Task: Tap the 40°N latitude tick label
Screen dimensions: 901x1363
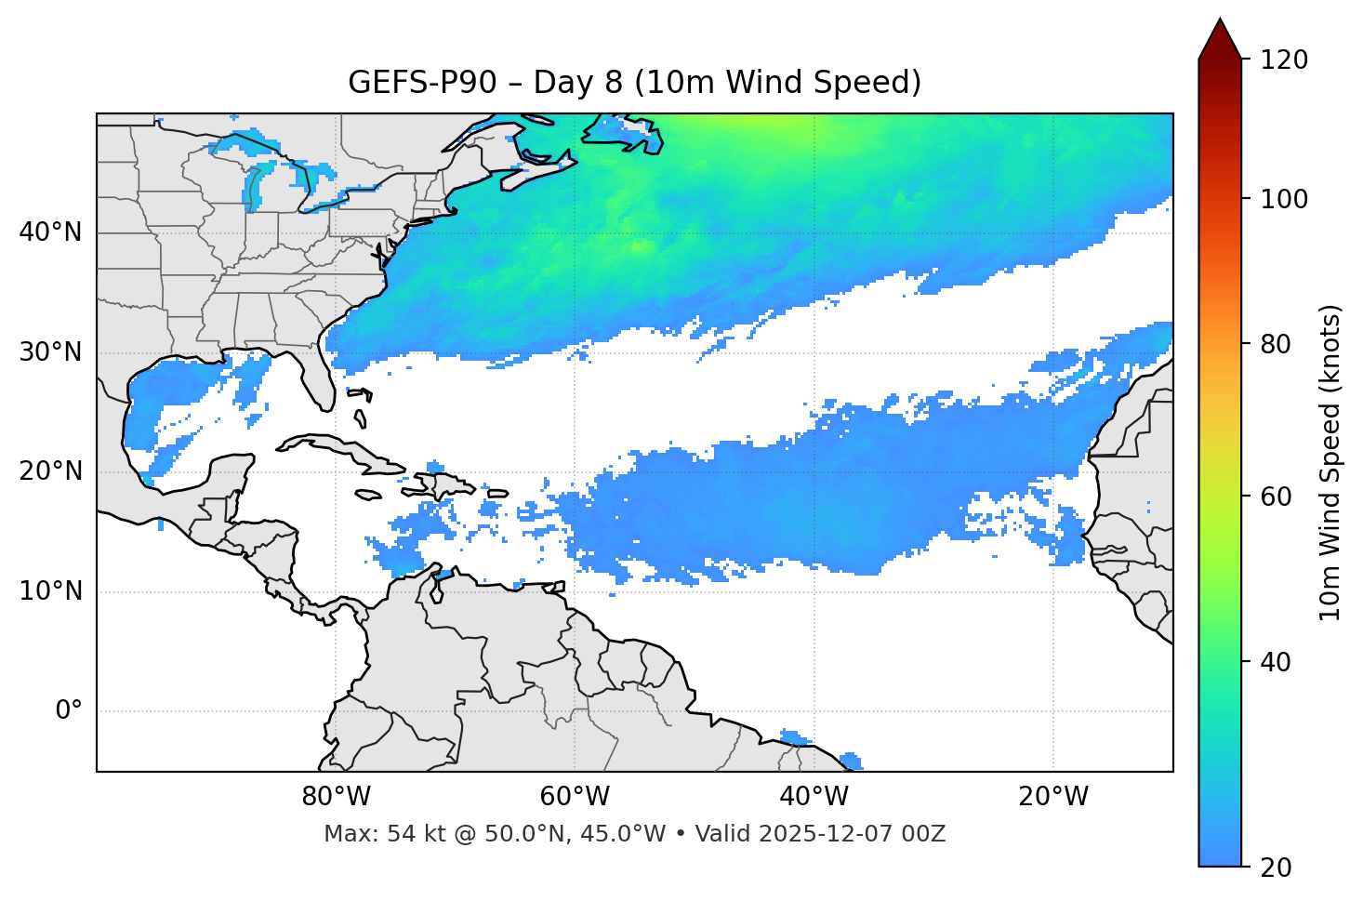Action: click(50, 232)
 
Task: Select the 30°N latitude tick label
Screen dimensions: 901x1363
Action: click(50, 352)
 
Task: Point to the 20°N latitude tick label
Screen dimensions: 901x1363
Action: click(50, 471)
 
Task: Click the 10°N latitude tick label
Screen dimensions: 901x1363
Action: click(50, 591)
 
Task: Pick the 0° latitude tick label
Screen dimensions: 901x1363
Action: click(69, 711)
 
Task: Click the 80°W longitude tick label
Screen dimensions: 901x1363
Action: click(336, 797)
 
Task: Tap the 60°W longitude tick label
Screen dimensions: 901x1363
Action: click(575, 797)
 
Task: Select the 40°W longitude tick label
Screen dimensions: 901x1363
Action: click(814, 797)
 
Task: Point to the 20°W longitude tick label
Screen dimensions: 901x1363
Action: click(1052, 797)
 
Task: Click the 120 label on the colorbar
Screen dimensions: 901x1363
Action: click(1284, 60)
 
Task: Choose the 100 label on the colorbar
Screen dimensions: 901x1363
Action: click(1284, 199)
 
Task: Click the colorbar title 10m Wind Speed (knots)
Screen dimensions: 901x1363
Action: click(1330, 462)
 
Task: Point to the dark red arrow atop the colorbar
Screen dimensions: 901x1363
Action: click(1220, 39)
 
